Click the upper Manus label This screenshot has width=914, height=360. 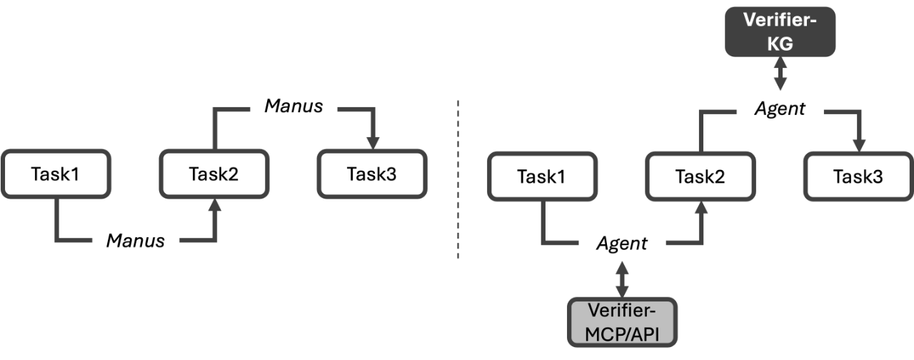293,106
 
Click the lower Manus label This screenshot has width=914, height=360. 135,241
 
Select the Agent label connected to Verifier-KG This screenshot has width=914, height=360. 780,109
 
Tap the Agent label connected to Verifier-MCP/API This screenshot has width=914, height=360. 621,244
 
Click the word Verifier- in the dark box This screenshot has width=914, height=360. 779,21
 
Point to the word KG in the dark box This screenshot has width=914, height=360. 779,44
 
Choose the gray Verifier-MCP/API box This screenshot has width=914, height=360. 622,322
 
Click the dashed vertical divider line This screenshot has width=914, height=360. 458,179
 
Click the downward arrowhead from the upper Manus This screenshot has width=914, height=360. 372,143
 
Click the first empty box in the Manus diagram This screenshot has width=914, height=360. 56,173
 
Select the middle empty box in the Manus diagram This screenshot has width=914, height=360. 214,173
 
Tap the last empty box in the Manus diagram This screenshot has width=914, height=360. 371,173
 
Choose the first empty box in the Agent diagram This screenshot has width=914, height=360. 542,176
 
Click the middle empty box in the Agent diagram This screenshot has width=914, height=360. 700,176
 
